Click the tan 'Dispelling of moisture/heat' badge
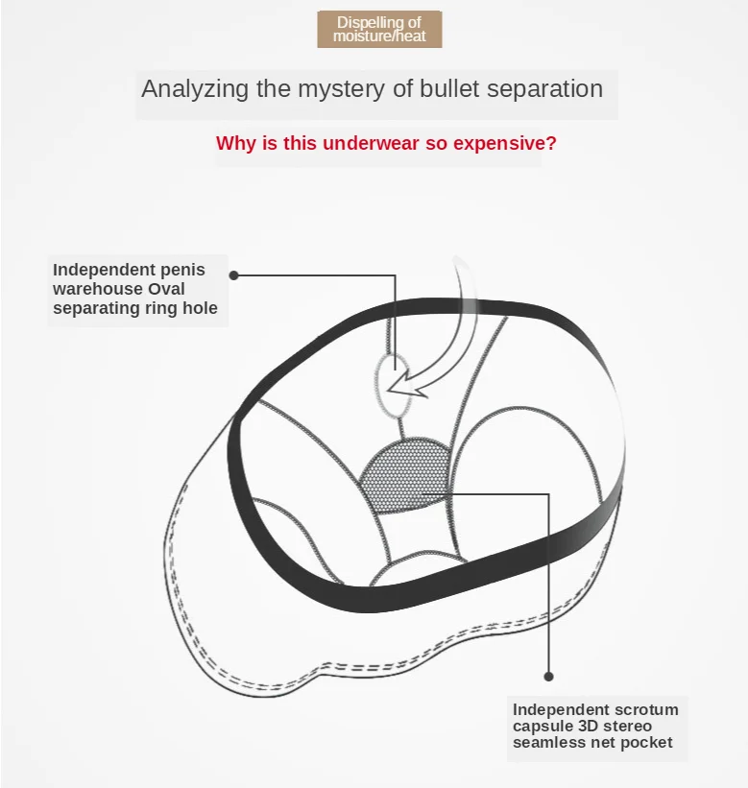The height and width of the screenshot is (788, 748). (x=379, y=29)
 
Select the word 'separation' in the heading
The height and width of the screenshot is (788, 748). (x=547, y=89)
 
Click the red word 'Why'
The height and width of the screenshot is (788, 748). (x=235, y=144)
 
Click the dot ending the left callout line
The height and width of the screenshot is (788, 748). (x=234, y=275)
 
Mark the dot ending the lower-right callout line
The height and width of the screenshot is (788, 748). (x=549, y=676)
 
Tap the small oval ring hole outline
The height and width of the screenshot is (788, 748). (x=392, y=384)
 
